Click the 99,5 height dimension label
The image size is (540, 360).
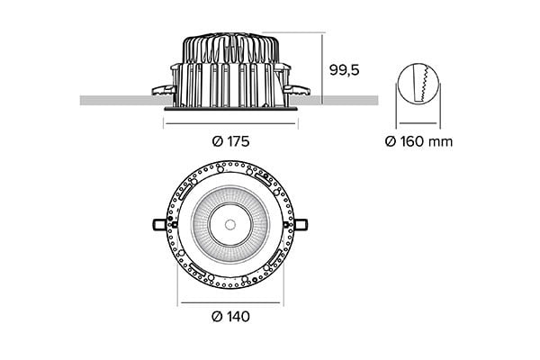pyautogui.click(x=345, y=69)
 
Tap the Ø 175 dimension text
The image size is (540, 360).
pyautogui.click(x=229, y=141)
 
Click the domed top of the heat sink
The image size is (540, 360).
pyautogui.click(x=229, y=40)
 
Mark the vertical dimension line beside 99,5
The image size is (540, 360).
pyautogui.click(x=324, y=67)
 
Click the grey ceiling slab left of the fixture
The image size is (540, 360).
pyautogui.click(x=117, y=100)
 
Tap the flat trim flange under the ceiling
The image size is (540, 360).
pyautogui.click(x=229, y=108)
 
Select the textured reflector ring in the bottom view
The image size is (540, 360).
pyautogui.click(x=202, y=222)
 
